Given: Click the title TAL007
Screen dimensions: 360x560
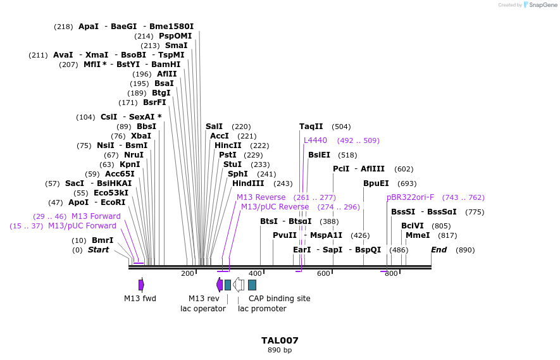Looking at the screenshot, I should pyautogui.click(x=280, y=340).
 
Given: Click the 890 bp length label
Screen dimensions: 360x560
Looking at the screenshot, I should pyautogui.click(x=280, y=350).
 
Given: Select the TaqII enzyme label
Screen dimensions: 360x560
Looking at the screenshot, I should pyautogui.click(x=311, y=127).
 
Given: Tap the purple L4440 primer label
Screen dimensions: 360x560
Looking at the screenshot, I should pyautogui.click(x=315, y=140).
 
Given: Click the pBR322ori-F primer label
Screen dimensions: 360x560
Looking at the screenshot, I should pyautogui.click(x=410, y=197).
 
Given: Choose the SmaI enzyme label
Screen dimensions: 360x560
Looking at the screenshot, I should pyautogui.click(x=176, y=46).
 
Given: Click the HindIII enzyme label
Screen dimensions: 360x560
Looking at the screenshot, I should pyautogui.click(x=248, y=183).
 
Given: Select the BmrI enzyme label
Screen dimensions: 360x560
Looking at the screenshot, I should pyautogui.click(x=103, y=240).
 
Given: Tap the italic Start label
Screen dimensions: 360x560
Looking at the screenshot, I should pyautogui.click(x=98, y=250).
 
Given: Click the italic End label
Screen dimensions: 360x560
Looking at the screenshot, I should pyautogui.click(x=439, y=250).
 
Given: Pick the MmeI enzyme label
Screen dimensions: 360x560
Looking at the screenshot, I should pyautogui.click(x=418, y=235).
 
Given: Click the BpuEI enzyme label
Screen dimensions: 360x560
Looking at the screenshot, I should pyautogui.click(x=376, y=183).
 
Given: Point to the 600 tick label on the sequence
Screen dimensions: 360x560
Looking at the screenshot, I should pyautogui.click(x=323, y=273).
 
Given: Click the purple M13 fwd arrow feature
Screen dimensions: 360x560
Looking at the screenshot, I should pyautogui.click(x=141, y=285).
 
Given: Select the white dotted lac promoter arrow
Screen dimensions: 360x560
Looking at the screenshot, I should pyautogui.click(x=239, y=285).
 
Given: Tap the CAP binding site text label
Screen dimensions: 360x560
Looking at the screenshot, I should pyautogui.click(x=279, y=299).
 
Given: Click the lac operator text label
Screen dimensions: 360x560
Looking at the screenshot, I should pyautogui.click(x=202, y=309).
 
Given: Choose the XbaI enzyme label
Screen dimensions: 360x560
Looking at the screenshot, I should pyautogui.click(x=140, y=136).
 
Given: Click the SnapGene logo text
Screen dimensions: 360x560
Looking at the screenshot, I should pyautogui.click(x=543, y=5).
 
